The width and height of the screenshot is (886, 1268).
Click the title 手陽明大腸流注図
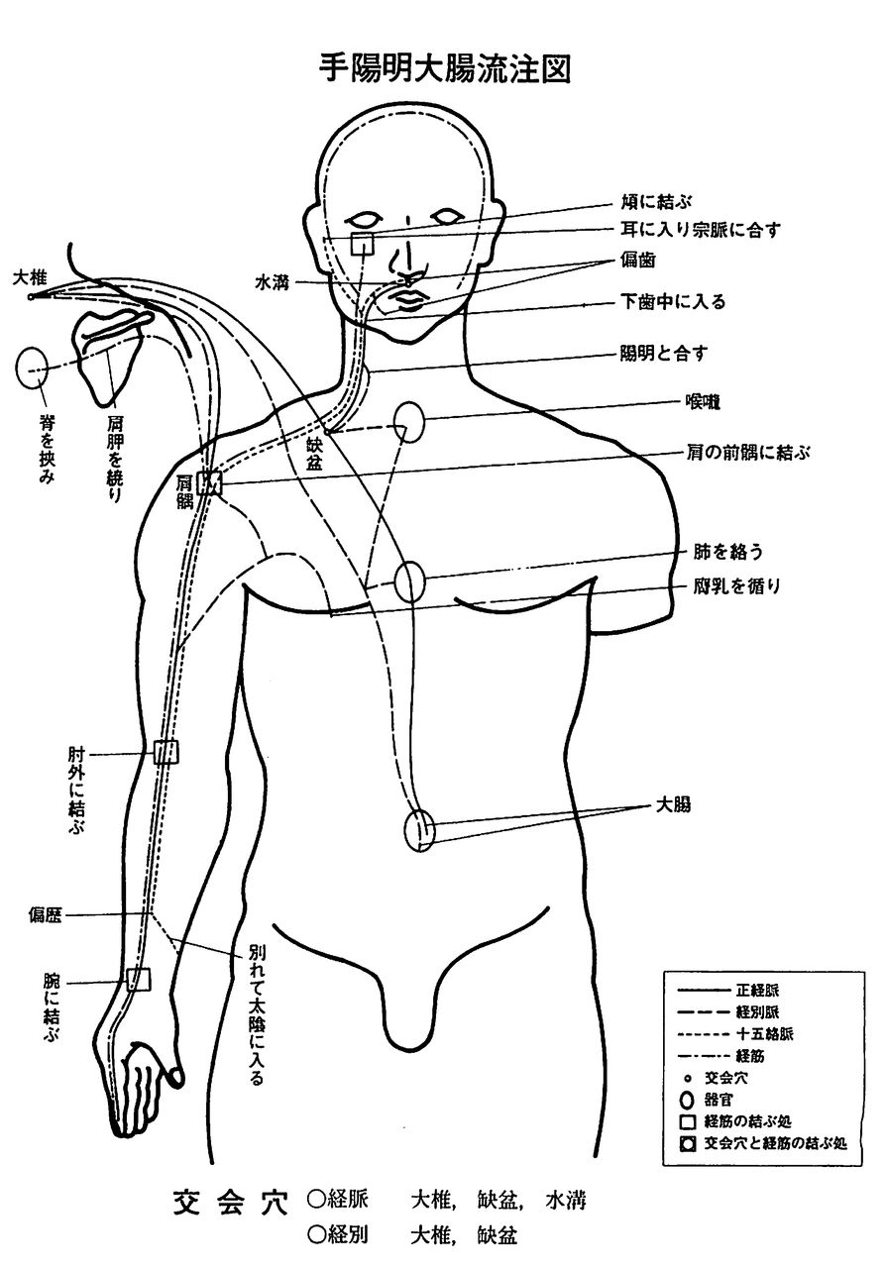tap(442, 68)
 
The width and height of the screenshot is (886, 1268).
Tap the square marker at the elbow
tap(166, 752)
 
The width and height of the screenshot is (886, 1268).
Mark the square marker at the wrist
tap(139, 980)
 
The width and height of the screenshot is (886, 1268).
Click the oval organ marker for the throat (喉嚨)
tap(408, 423)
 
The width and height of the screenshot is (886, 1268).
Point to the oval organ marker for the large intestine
tap(420, 828)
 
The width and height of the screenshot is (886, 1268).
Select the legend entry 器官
tap(718, 1099)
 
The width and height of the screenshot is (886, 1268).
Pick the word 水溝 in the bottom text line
tap(566, 1201)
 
